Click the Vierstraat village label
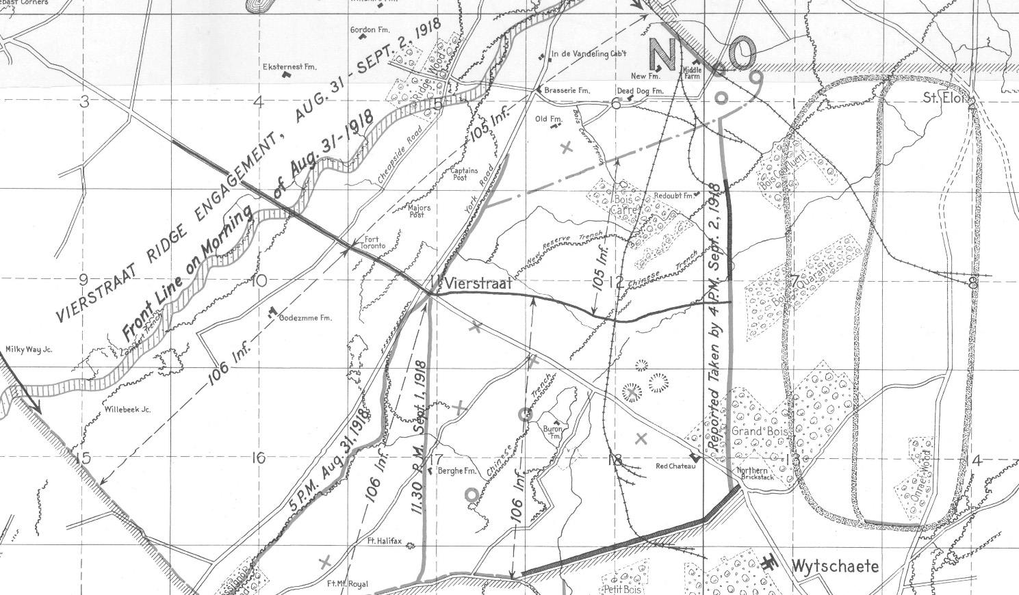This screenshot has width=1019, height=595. tap(473, 283)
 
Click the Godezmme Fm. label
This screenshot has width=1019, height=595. tap(305, 318)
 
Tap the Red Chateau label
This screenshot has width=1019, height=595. tap(675, 466)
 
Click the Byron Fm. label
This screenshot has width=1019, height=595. tap(552, 432)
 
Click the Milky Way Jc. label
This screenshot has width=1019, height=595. tap(29, 349)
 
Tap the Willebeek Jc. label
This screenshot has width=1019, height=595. tap(127, 410)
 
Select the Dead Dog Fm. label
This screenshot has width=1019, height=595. tap(641, 91)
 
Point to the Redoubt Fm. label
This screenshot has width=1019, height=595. tap(674, 196)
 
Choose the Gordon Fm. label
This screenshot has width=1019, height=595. tap(370, 30)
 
